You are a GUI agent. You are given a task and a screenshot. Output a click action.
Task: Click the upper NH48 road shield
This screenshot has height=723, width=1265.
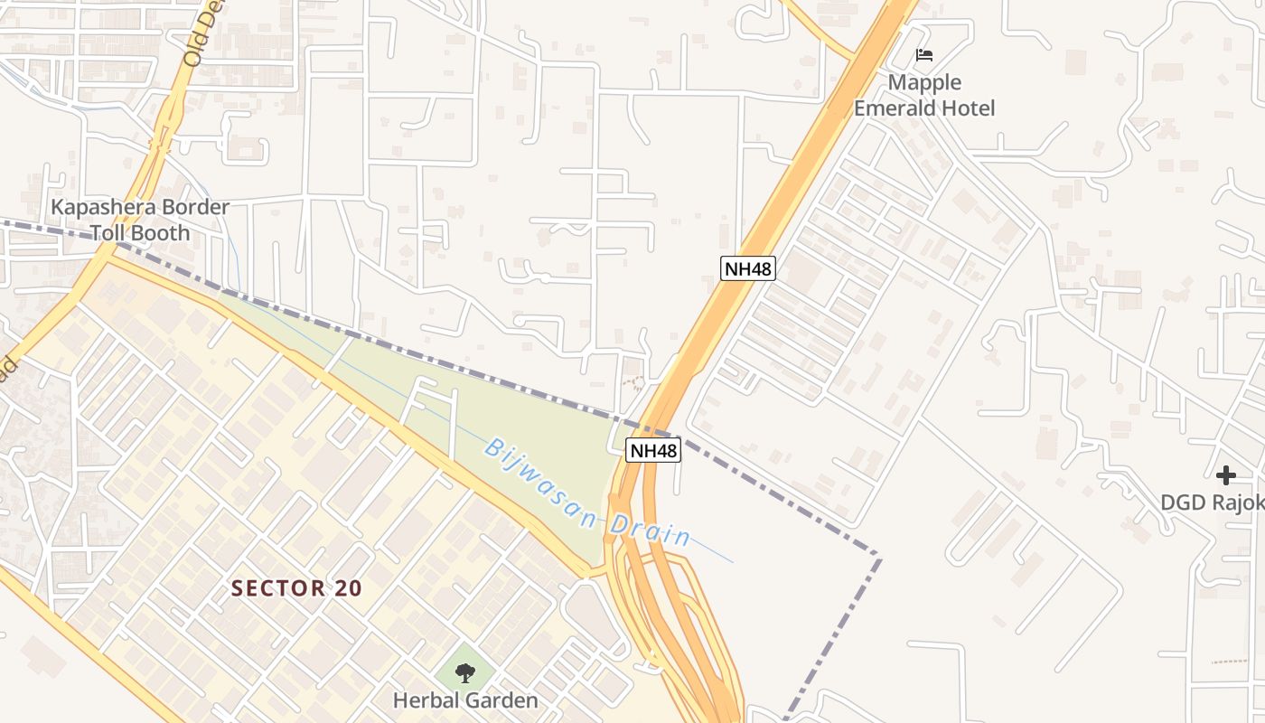click(748, 268)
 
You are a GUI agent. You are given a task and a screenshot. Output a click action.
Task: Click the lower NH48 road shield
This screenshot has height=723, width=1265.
click(653, 450)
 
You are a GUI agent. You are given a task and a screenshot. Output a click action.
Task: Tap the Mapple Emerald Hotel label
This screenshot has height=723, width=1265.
click(924, 96)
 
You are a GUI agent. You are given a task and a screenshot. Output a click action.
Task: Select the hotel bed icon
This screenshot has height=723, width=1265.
click(924, 55)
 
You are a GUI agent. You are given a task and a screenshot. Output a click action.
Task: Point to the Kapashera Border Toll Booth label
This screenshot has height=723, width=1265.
click(140, 220)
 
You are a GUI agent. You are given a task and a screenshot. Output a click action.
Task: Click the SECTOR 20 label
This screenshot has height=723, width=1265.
click(296, 588)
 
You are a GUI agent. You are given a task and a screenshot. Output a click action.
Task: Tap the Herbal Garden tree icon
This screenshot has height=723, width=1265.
click(465, 672)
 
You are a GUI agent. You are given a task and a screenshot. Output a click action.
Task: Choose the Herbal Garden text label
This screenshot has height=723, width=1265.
click(465, 700)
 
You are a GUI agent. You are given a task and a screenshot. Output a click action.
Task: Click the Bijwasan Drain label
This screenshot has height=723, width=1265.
click(587, 493)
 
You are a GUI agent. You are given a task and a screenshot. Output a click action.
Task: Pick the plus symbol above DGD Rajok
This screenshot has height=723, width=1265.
click(1225, 475)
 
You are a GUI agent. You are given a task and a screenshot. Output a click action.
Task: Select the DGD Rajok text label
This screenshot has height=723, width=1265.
click(1212, 502)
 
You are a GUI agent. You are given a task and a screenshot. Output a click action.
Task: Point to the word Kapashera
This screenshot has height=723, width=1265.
click(104, 207)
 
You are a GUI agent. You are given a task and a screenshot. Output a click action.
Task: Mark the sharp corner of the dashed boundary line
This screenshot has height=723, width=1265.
click(879, 555)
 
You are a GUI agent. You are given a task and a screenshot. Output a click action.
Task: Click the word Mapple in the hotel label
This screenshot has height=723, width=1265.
click(924, 83)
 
